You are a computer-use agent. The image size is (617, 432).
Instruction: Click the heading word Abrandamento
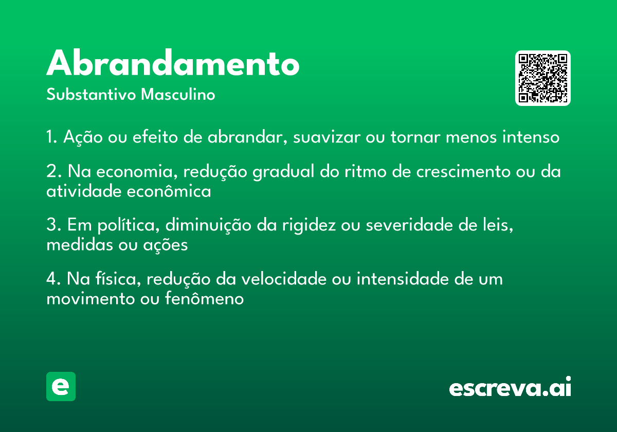173,63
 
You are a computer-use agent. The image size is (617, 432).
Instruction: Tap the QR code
542,78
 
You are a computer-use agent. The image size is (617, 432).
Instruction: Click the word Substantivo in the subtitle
91,94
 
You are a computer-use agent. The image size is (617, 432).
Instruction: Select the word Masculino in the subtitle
178,94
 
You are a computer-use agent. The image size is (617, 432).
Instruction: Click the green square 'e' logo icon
61,386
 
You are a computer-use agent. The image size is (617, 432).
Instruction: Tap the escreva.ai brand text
510,386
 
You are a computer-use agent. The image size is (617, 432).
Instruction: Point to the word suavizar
326,137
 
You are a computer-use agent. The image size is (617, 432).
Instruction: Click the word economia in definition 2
137,172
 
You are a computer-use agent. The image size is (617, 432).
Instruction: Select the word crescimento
463,171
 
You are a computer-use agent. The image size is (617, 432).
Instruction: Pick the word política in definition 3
129,225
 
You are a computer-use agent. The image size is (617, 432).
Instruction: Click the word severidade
409,225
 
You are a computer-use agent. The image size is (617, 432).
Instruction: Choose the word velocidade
284,279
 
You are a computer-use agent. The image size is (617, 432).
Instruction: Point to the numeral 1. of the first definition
52,137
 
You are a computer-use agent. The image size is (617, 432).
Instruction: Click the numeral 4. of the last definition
53,279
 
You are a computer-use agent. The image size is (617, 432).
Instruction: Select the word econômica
169,191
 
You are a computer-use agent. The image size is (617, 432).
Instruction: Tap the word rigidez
309,226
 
